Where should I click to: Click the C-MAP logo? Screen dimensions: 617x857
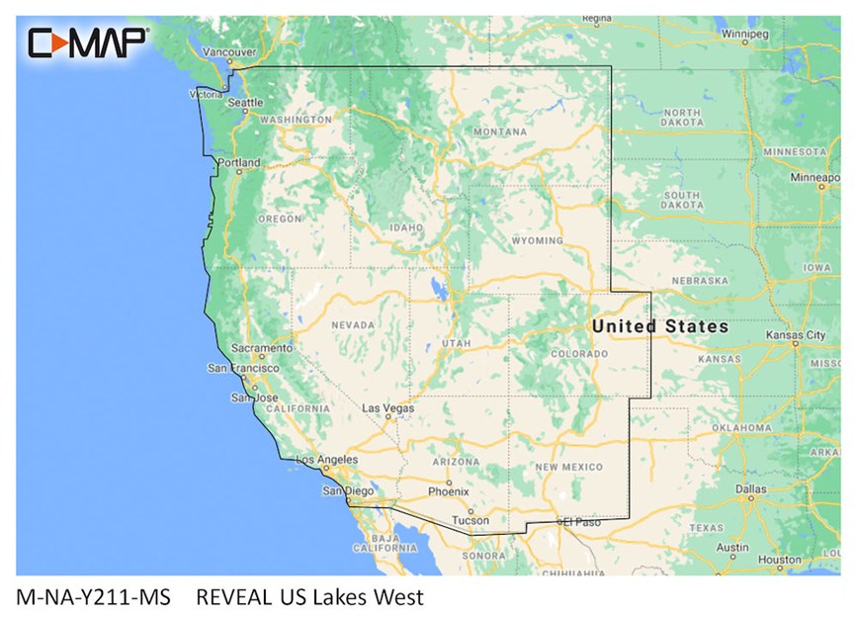click(x=88, y=43)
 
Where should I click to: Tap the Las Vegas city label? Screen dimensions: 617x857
click(x=386, y=407)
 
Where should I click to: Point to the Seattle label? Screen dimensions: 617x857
click(x=246, y=102)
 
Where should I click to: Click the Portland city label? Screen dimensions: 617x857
click(x=239, y=162)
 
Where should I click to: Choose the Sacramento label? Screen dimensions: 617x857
click(x=261, y=348)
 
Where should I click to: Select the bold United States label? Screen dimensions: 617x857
click(x=659, y=326)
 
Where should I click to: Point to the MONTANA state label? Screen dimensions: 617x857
click(x=499, y=132)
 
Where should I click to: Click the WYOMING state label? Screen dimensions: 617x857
click(x=538, y=240)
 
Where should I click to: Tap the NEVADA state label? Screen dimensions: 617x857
click(x=353, y=324)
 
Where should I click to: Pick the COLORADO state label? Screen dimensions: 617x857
click(x=578, y=353)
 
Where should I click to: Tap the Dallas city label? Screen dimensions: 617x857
click(x=750, y=488)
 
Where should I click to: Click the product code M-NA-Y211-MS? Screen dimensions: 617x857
click(x=94, y=597)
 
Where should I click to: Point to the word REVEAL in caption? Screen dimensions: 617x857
click(x=234, y=597)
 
